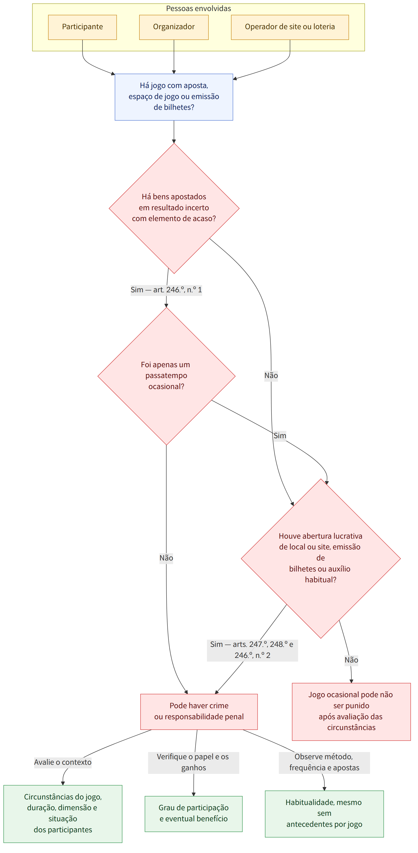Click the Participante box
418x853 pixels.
[82, 27]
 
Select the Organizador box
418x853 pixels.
[174, 27]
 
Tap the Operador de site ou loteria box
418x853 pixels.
[290, 27]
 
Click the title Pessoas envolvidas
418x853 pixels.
[199, 9]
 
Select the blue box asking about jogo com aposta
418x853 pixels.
[174, 97]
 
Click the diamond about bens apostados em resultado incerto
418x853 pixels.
[174, 208]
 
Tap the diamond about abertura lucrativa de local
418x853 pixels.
[321, 558]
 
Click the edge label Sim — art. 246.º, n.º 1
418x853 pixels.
[166, 290]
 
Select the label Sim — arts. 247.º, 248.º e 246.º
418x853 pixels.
[252, 650]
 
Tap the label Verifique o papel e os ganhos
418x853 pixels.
[193, 762]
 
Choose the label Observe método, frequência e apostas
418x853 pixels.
[324, 762]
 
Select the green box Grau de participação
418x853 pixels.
[194, 814]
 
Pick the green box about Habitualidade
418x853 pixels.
[324, 814]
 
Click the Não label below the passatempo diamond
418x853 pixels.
[166, 558]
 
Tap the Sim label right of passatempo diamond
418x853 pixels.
[280, 435]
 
